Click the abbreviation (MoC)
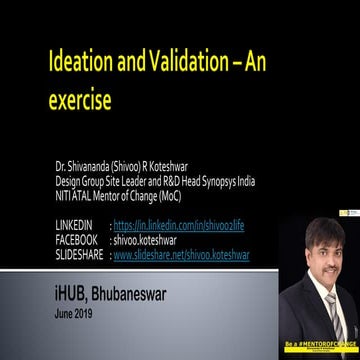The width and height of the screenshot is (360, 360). pos(164,196)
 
